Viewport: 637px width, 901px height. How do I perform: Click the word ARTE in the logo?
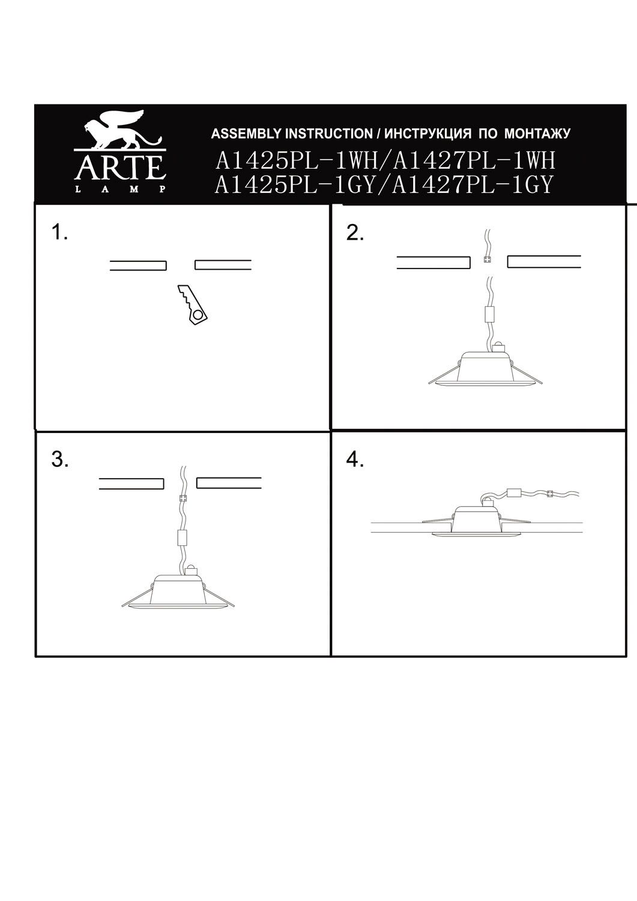pyautogui.click(x=120, y=168)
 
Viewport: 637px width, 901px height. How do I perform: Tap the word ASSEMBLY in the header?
pyautogui.click(x=247, y=134)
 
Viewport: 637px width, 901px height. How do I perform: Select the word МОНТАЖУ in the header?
pyautogui.click(x=537, y=134)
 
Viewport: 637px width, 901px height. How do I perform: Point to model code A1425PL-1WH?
pyautogui.click(x=297, y=161)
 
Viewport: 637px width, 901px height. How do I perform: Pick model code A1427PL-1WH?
pyautogui.click(x=474, y=161)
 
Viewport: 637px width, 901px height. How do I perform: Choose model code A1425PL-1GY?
pyautogui.click(x=295, y=185)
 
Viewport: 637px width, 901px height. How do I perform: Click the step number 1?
pyautogui.click(x=59, y=232)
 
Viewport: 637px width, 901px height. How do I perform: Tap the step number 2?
pyautogui.click(x=355, y=233)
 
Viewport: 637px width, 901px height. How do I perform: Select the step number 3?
pyautogui.click(x=59, y=460)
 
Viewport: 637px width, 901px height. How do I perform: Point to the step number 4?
pyautogui.click(x=355, y=460)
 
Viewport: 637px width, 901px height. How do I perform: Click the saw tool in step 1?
pyautogui.click(x=192, y=305)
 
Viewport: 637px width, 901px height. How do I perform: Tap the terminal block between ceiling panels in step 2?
pyautogui.click(x=488, y=259)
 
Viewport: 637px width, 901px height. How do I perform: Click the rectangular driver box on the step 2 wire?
pyautogui.click(x=490, y=314)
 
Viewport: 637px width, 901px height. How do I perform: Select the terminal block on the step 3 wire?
pyautogui.click(x=183, y=499)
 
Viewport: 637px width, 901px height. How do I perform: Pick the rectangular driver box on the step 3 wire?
pyautogui.click(x=183, y=538)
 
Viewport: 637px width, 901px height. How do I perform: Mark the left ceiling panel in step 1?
pyautogui.click(x=138, y=265)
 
